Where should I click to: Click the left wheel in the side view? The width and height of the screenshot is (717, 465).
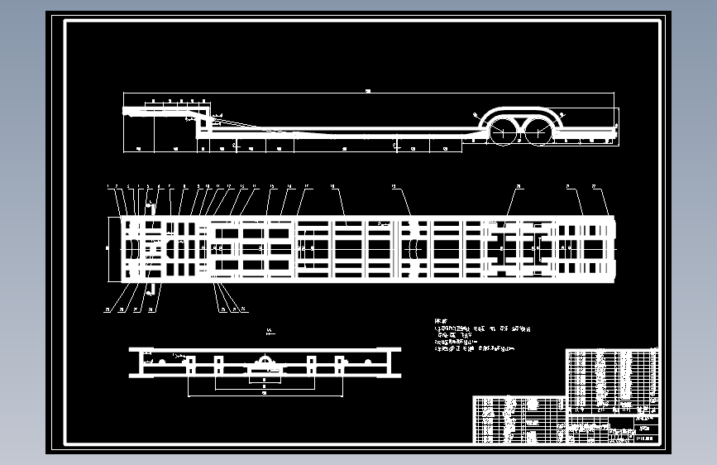502,131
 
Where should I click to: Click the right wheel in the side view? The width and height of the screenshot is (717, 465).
539,131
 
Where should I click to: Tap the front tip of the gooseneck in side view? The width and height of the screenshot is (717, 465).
125,109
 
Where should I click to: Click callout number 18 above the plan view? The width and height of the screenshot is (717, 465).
332,188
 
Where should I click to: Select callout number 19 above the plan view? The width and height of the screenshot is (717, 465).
394,188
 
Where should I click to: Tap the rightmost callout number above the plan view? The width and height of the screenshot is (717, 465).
593,188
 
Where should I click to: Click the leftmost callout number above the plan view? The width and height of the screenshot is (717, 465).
108,188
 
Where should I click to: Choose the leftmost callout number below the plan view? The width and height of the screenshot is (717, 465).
107,310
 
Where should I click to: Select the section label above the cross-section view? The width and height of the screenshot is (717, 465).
270,331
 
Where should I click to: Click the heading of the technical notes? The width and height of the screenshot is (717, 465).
440,319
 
